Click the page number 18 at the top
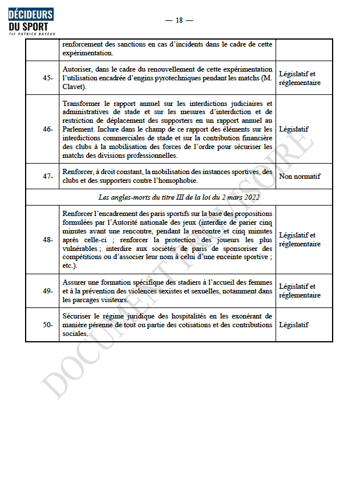point(179,20)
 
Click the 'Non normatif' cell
point(299,176)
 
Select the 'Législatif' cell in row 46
point(294,129)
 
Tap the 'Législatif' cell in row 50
point(294,325)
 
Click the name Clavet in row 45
point(74,87)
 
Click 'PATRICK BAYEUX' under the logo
point(37,34)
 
